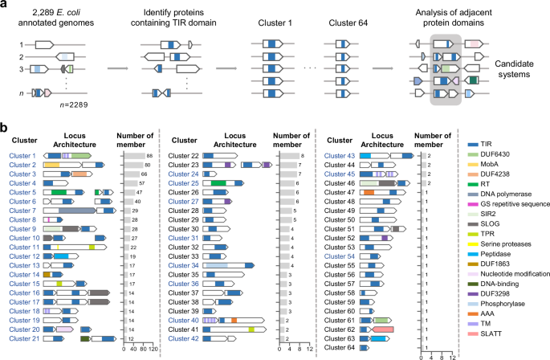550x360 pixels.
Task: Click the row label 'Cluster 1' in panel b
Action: [x=22, y=155]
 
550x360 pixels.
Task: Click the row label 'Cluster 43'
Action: [x=341, y=155]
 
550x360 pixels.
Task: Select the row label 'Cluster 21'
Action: [x=23, y=339]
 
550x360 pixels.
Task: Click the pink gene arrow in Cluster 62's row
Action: [x=383, y=329]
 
